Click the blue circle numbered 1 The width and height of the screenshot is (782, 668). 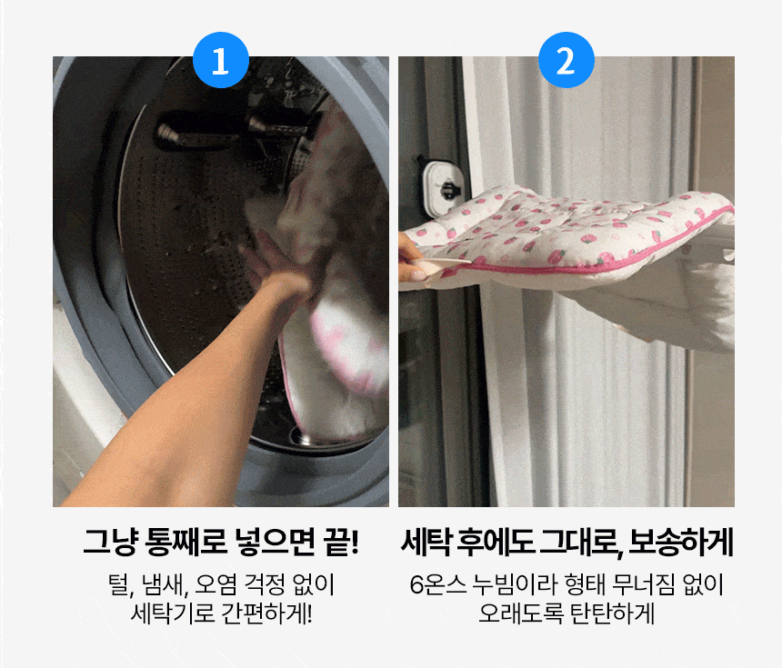click(x=220, y=60)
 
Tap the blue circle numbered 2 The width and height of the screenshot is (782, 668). click(x=566, y=60)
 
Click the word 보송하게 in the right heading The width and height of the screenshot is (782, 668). click(x=680, y=542)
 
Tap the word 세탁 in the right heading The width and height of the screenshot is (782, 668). click(x=426, y=542)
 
